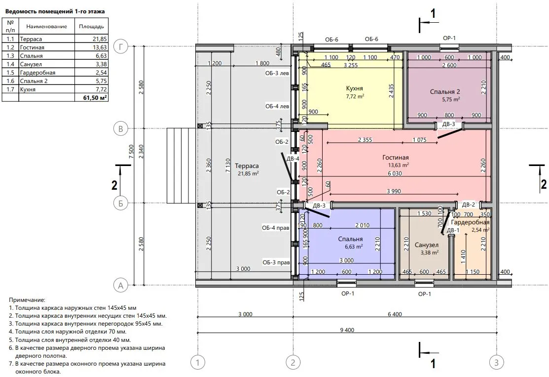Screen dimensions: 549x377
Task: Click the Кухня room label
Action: [x=354, y=88]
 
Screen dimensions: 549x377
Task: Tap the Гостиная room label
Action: [x=395, y=158]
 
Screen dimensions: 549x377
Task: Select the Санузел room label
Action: [x=427, y=245]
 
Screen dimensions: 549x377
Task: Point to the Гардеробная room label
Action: [x=470, y=222]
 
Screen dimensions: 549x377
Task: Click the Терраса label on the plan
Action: [x=247, y=166]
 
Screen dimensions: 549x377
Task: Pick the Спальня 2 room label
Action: [x=444, y=92]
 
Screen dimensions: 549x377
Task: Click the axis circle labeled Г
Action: [x=121, y=47]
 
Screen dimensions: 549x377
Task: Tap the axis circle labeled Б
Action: [x=121, y=204]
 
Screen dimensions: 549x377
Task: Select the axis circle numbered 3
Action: [x=496, y=362]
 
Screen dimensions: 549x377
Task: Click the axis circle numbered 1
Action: [x=197, y=362]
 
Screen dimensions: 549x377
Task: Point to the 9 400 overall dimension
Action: [x=347, y=330]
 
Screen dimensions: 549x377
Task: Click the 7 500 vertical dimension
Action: [x=131, y=152]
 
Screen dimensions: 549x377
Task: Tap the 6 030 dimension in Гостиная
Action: [x=395, y=173]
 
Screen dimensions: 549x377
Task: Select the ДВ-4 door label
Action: [x=293, y=159]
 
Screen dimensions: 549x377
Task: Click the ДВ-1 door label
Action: [x=453, y=230]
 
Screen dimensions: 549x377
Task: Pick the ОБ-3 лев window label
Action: [x=277, y=74]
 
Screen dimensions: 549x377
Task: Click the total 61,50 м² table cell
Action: [x=95, y=98]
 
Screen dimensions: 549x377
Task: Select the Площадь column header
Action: [x=91, y=27]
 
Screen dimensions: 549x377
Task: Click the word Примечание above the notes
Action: [x=27, y=300]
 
